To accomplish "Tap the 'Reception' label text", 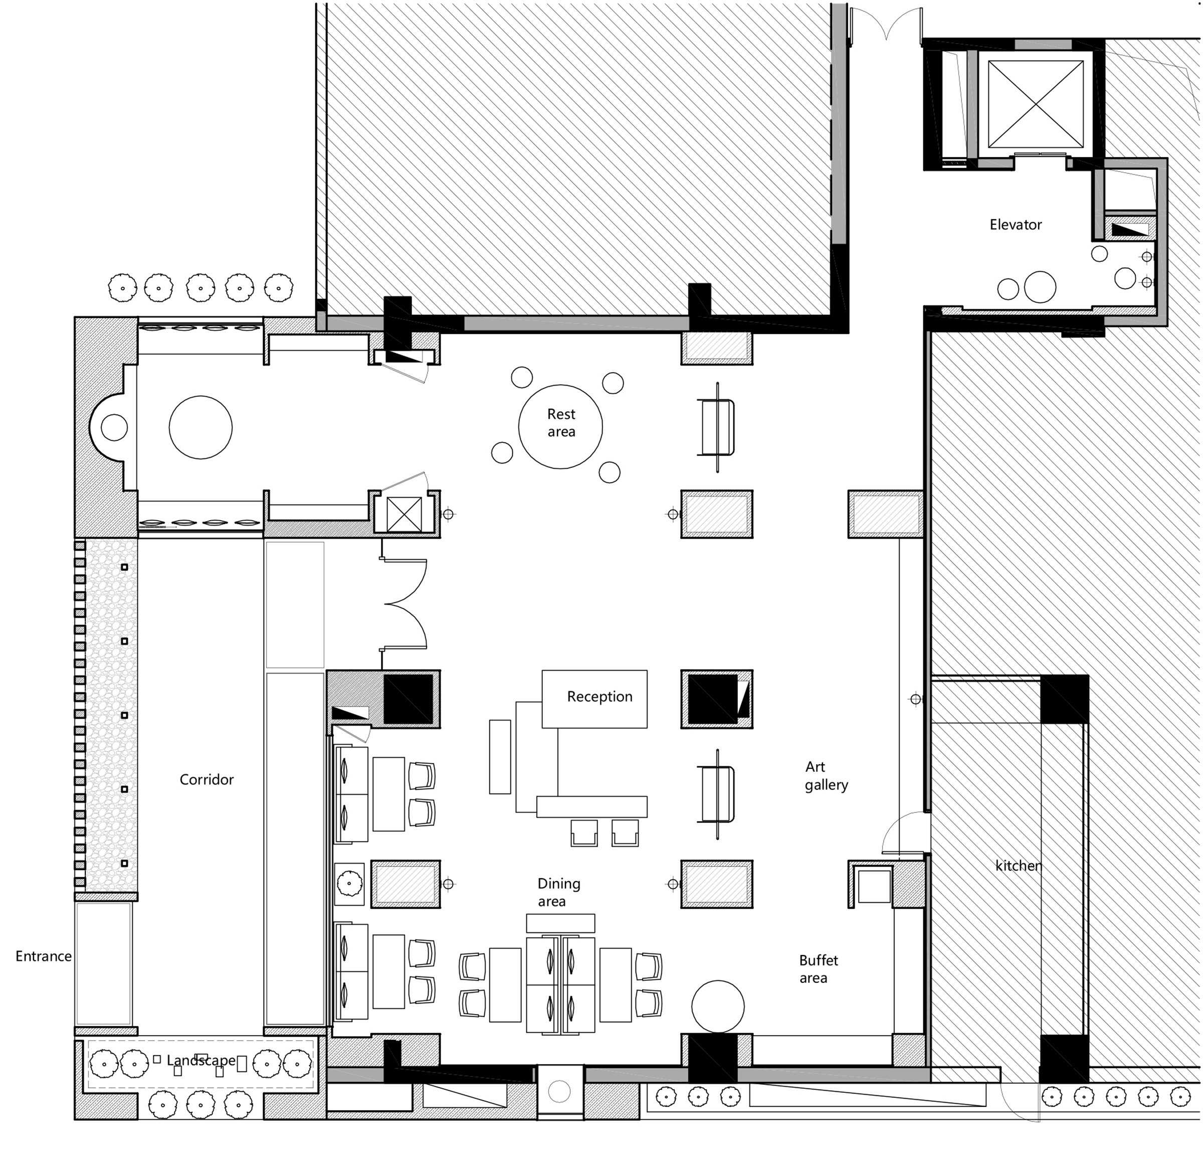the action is point(599,697).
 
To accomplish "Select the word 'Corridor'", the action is point(207,780).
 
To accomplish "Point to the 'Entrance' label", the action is point(44,956).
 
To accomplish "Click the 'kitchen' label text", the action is point(1018,866).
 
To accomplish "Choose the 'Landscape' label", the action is point(200,1061).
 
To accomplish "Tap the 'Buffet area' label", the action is point(818,969).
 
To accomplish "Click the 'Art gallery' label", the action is point(826,775).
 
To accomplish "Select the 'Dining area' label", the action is point(558,892).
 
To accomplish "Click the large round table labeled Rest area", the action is point(560,426).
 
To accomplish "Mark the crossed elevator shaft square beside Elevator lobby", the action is point(1036,104).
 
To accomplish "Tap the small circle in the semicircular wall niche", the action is point(114,427).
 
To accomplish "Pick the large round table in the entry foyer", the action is point(200,427).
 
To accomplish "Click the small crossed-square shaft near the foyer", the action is point(405,514).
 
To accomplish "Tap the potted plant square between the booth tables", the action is point(349,884).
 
